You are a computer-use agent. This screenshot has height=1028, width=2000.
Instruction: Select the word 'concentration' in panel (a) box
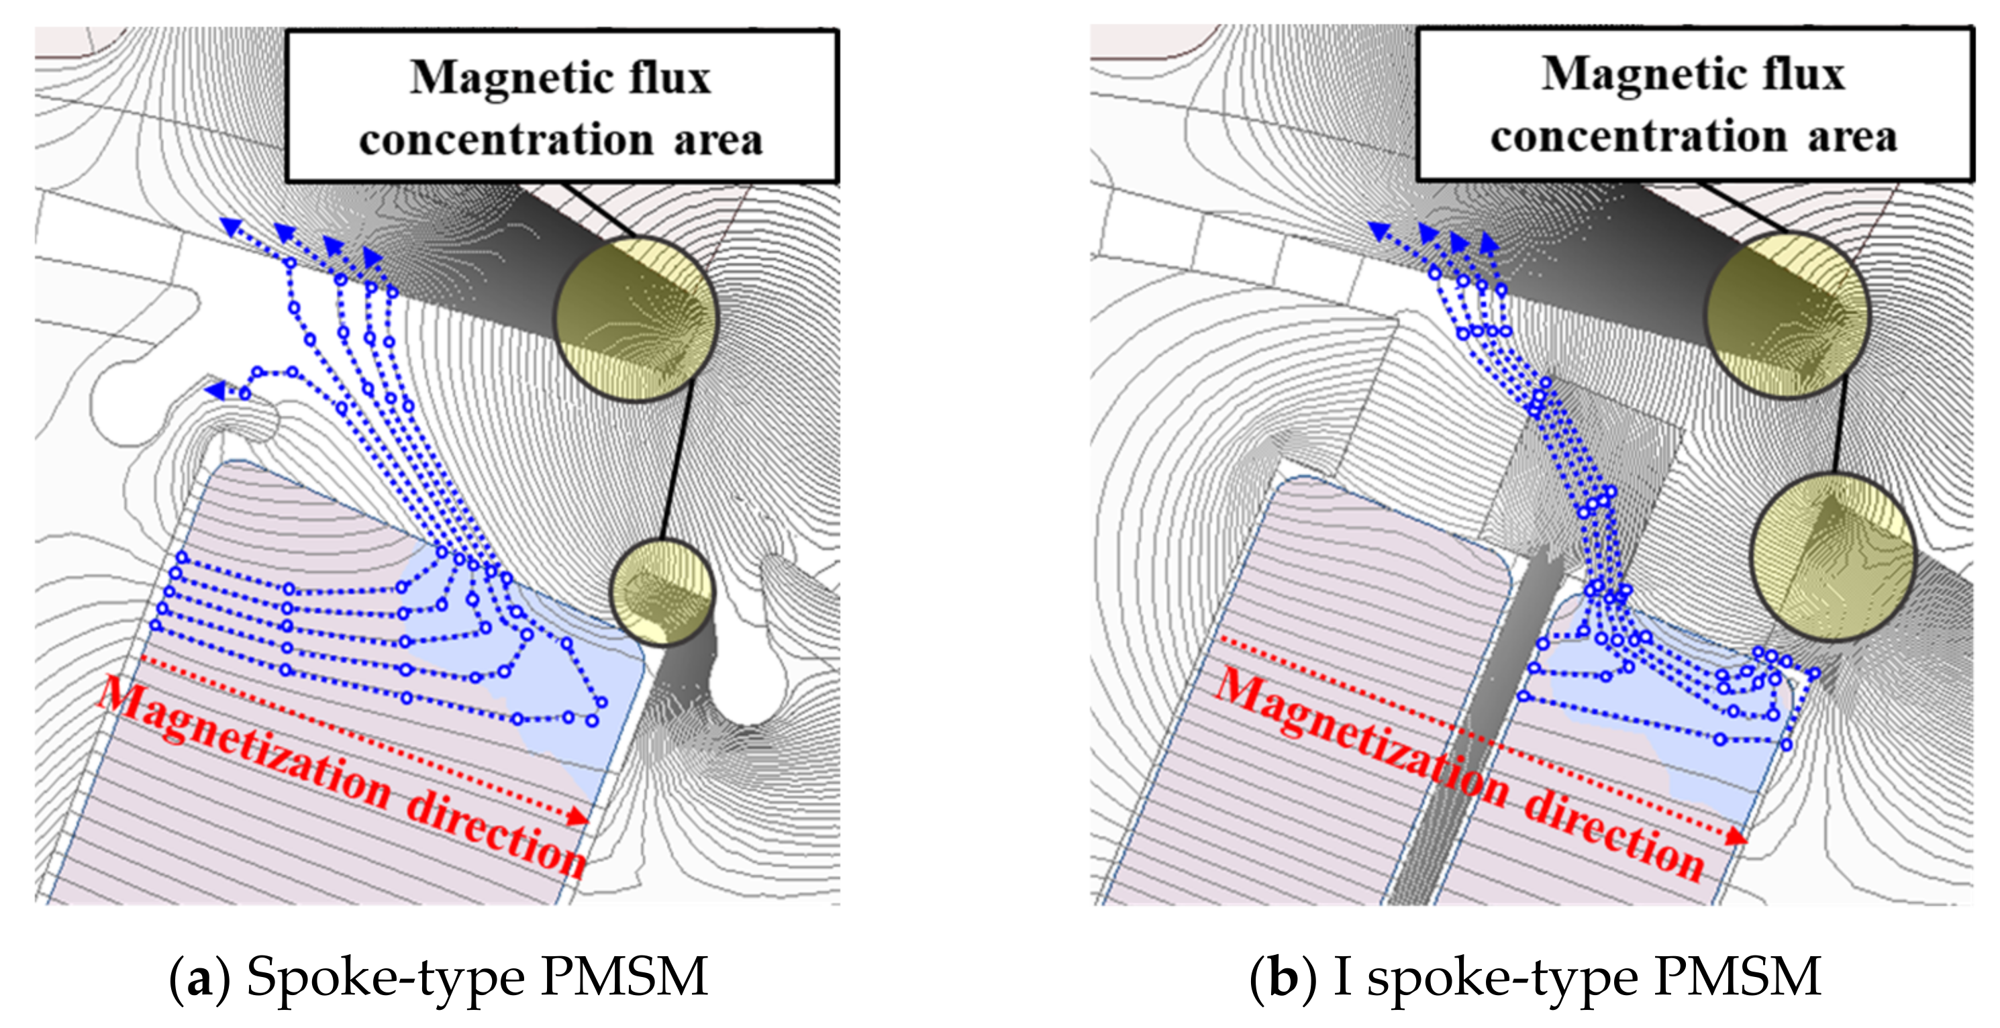(x=506, y=140)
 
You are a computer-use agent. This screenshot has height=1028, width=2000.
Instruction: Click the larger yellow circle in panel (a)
(x=636, y=319)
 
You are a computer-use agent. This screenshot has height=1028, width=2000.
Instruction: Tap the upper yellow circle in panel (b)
(x=1787, y=315)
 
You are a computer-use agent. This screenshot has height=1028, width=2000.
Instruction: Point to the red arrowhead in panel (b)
(x=1736, y=836)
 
